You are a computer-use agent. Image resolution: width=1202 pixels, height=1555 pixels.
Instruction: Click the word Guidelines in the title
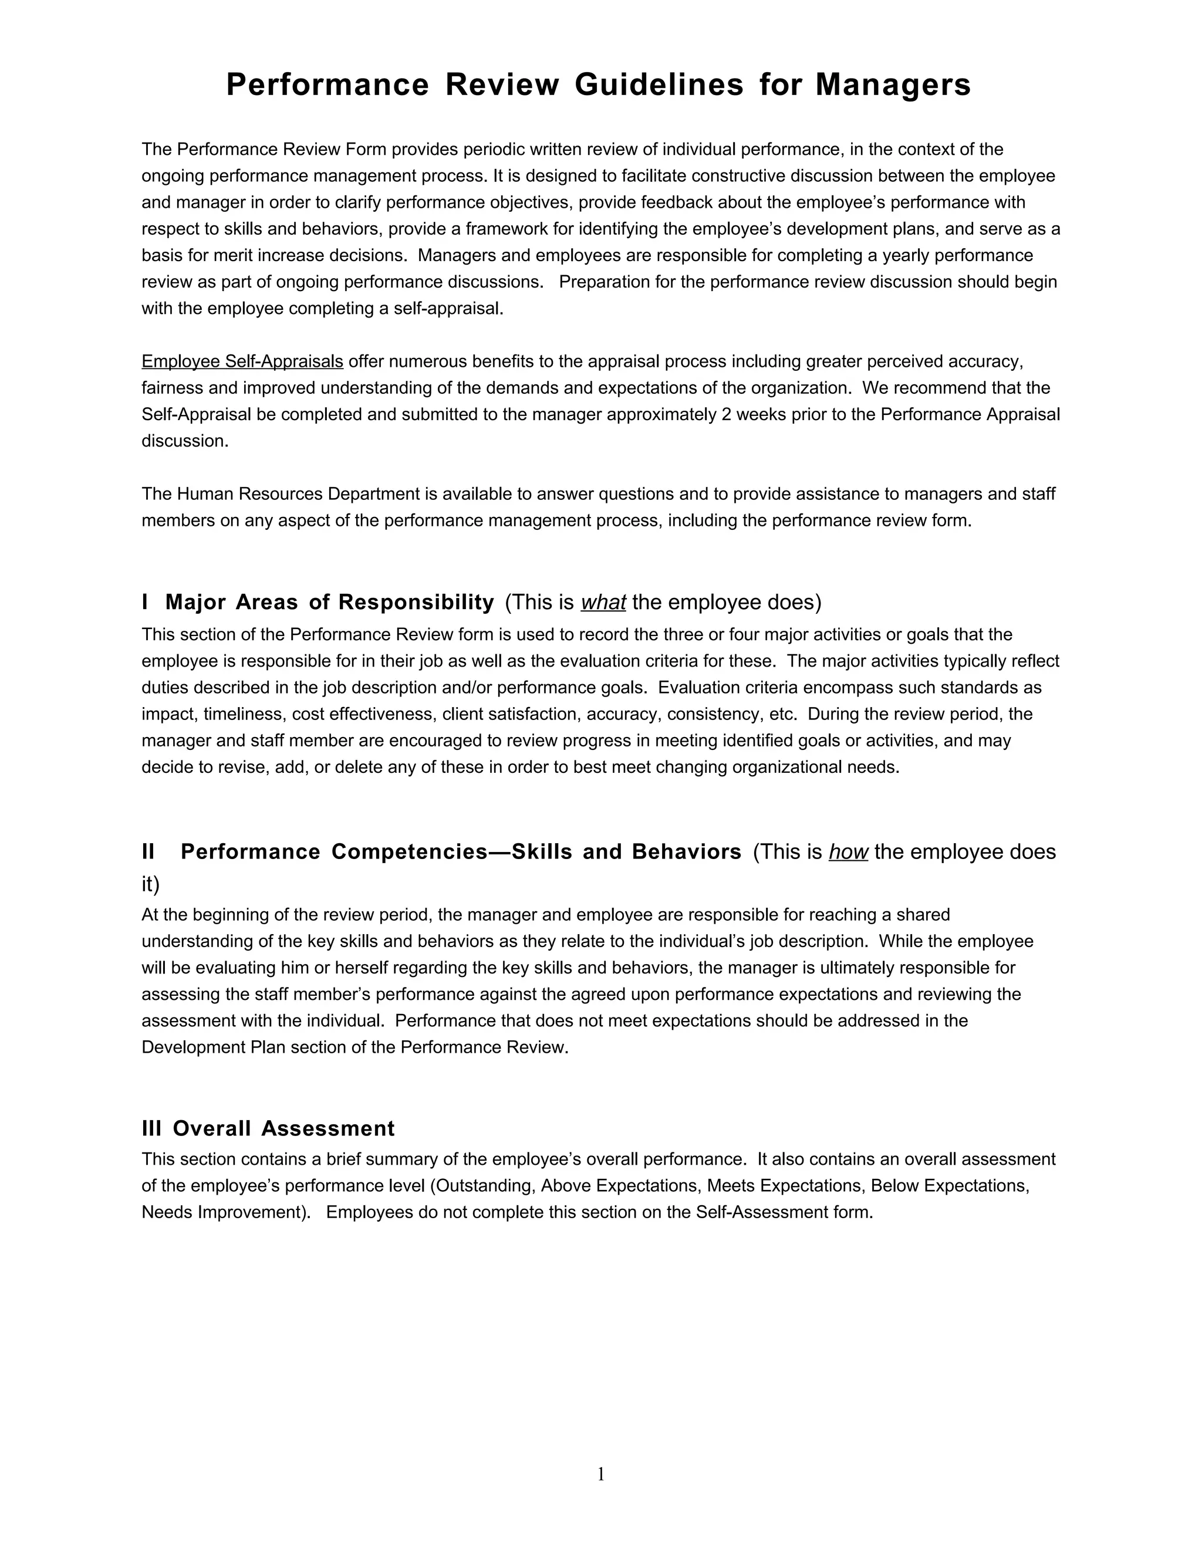659,84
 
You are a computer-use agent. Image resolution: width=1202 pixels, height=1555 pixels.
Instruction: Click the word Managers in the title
893,84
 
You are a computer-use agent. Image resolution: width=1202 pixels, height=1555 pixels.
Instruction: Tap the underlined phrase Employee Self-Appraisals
242,361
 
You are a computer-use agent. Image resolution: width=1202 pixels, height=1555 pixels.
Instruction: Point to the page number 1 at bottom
600,1474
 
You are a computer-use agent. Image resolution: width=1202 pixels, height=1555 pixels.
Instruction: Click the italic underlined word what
603,603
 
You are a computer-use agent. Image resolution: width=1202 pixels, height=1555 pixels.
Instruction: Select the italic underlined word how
848,851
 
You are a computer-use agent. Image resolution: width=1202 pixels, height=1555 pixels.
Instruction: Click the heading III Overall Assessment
268,1128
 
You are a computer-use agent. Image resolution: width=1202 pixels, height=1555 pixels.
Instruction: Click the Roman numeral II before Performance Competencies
148,851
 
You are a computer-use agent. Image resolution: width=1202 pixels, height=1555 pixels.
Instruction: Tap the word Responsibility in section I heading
416,603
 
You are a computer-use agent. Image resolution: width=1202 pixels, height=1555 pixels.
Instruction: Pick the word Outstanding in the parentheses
484,1185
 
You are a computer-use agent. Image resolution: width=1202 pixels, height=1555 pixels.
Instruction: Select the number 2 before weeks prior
727,414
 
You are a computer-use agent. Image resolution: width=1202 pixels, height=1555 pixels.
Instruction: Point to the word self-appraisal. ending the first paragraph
448,309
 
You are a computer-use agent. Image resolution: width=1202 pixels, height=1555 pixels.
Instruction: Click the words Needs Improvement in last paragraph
223,1212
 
